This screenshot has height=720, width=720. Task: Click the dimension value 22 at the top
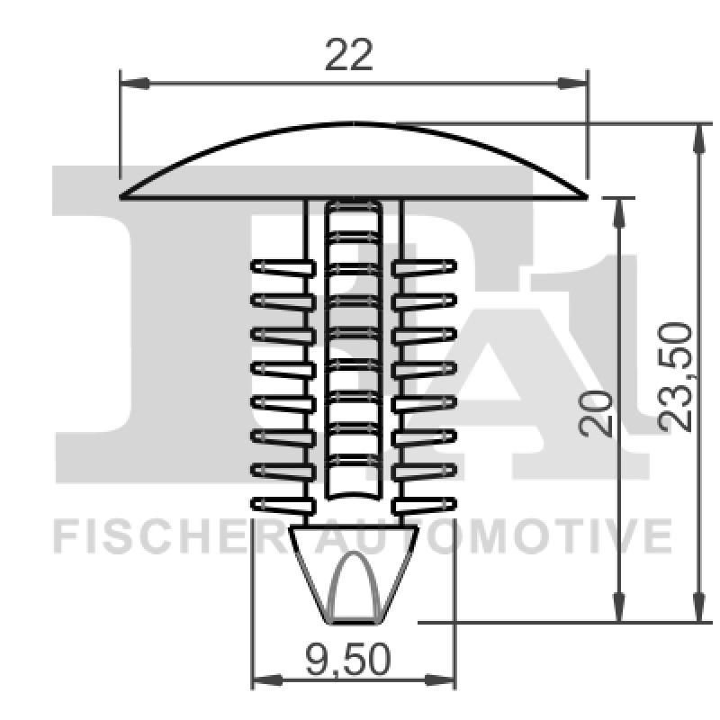click(x=348, y=56)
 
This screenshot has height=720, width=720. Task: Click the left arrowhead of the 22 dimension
click(x=133, y=84)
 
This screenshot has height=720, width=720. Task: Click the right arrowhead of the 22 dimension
click(x=573, y=84)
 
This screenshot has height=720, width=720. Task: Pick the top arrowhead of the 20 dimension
click(x=618, y=211)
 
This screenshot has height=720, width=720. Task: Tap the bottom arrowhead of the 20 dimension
click(x=618, y=607)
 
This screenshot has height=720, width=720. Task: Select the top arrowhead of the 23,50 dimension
click(x=698, y=138)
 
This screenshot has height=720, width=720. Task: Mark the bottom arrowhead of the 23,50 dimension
click(x=698, y=607)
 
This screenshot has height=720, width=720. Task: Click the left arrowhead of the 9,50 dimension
click(x=265, y=680)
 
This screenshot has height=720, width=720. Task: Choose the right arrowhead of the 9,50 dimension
click(x=443, y=680)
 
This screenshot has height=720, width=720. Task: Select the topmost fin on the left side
click(x=279, y=266)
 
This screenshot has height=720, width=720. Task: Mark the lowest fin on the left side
click(x=279, y=504)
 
